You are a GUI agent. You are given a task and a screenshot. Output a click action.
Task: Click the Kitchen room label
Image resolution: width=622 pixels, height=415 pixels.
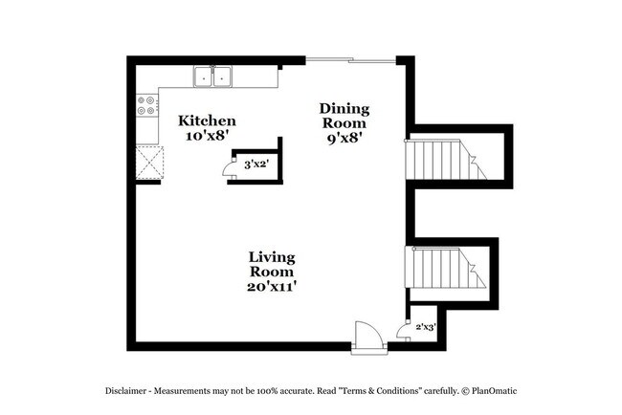click(x=207, y=121)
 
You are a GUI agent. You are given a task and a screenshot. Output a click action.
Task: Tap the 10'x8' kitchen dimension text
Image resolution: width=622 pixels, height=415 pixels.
click(x=207, y=137)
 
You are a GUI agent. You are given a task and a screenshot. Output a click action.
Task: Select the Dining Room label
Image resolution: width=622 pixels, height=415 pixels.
click(x=344, y=116)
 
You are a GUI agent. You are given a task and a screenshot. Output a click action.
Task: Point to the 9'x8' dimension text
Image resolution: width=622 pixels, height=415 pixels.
click(x=344, y=138)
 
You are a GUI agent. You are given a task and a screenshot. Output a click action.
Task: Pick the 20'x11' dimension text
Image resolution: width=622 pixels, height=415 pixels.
click(x=272, y=286)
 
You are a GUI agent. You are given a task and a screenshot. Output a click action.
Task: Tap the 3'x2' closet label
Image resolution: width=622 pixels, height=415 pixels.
click(x=255, y=164)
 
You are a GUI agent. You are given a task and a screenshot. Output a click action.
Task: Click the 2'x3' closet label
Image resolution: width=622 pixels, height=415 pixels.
click(x=424, y=327)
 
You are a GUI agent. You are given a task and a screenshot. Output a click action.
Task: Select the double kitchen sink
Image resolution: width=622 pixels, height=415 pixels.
click(x=212, y=76)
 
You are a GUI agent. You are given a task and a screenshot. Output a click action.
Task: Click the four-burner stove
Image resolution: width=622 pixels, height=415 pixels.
click(x=147, y=105)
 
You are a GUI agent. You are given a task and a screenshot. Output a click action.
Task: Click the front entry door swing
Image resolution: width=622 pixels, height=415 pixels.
click(x=367, y=337)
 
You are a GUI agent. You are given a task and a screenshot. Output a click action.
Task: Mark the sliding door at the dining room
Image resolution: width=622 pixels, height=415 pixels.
click(x=350, y=62)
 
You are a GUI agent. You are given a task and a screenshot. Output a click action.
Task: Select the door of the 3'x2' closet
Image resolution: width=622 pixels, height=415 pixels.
click(x=230, y=169)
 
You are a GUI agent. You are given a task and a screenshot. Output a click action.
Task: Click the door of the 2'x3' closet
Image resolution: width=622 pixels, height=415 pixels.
click(x=403, y=326)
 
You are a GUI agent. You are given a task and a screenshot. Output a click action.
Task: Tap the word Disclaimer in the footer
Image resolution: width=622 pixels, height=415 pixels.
click(x=129, y=392)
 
